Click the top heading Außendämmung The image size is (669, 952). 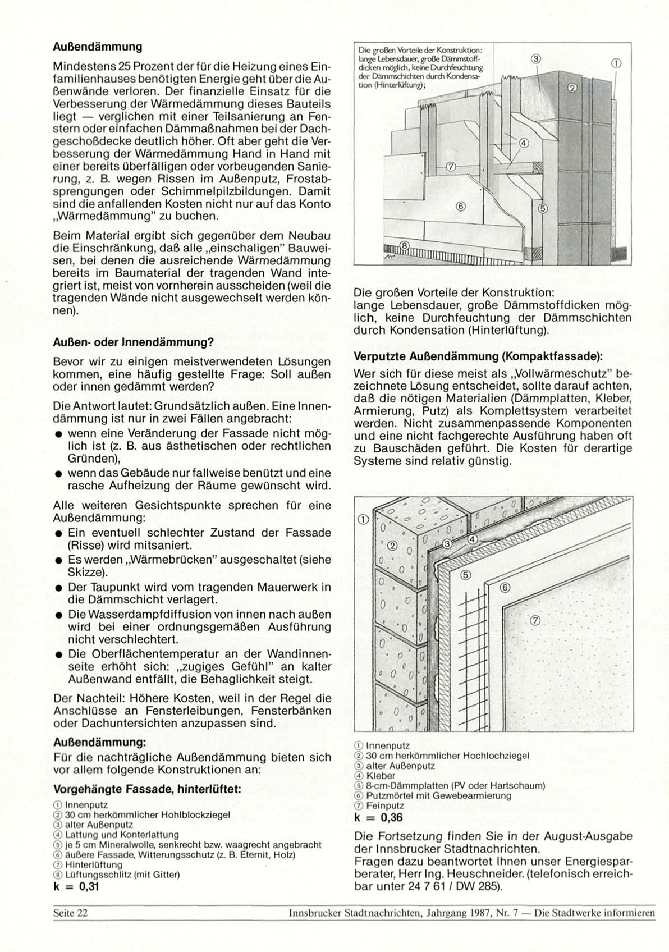pos(97,47)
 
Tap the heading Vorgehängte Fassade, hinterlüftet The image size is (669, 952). pos(147,789)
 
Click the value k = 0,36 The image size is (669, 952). pos(379,817)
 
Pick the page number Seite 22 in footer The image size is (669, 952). pos(70,913)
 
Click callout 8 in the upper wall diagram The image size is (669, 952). pos(405,245)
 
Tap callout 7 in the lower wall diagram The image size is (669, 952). pos(534,620)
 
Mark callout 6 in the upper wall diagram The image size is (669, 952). pos(461,206)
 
